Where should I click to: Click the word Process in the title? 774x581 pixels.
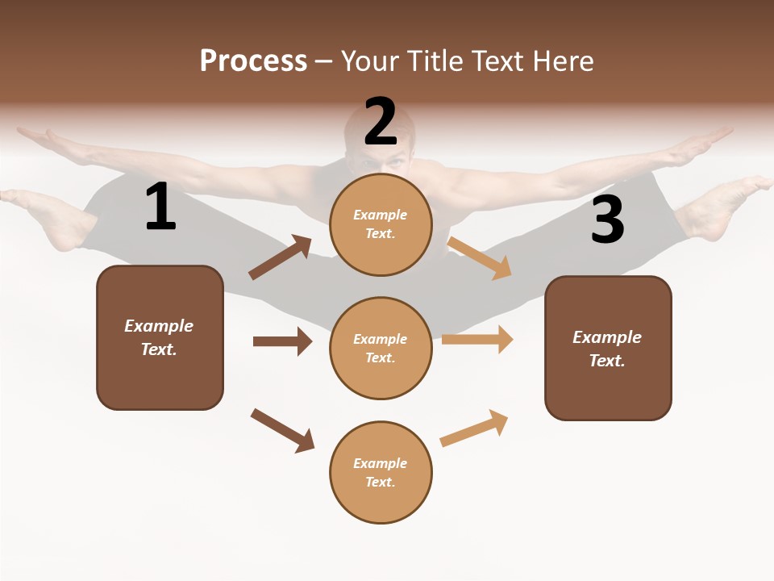[253, 61]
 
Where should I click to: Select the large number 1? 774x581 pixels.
[160, 207]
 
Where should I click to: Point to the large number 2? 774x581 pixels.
[381, 122]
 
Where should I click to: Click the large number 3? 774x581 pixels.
[607, 220]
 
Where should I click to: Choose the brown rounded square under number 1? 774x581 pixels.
[160, 337]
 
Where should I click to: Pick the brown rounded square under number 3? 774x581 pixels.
[608, 348]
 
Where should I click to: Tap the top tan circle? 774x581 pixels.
[381, 224]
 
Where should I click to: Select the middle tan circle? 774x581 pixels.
[381, 348]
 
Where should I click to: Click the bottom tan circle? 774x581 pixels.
[381, 472]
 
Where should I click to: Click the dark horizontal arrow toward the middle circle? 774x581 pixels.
[282, 341]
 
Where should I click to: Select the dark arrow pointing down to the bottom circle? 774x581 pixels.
[282, 430]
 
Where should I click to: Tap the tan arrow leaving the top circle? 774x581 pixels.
[479, 257]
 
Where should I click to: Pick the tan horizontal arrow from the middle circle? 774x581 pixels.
[476, 339]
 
